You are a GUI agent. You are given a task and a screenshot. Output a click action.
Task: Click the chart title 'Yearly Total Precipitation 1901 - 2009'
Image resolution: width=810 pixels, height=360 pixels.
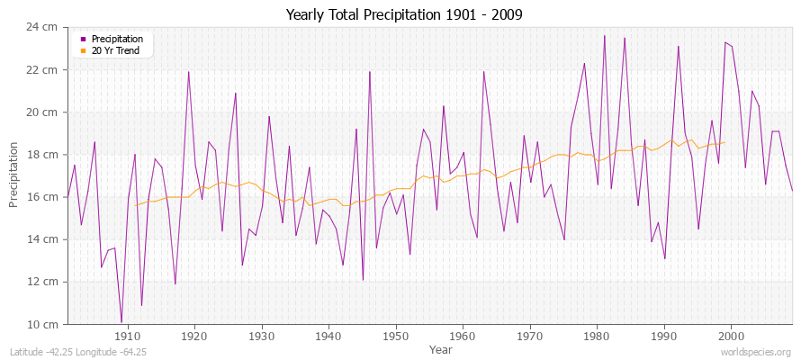(x=404, y=14)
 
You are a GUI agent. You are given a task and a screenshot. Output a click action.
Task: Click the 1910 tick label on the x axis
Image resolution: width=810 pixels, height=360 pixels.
(x=127, y=336)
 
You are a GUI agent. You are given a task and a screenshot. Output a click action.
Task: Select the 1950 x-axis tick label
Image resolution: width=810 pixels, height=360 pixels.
(x=395, y=336)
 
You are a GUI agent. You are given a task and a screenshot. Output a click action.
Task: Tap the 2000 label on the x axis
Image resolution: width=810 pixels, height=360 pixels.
(x=731, y=336)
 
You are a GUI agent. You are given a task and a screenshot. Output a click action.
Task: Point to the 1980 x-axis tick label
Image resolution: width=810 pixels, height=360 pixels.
(x=597, y=336)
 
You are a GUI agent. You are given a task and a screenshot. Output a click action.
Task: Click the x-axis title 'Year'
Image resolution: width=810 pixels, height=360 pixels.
(x=440, y=348)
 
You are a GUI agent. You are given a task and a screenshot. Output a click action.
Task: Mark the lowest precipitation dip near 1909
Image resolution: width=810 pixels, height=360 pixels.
(x=121, y=321)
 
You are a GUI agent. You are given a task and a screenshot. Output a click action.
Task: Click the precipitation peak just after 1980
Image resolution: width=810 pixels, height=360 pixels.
(x=604, y=35)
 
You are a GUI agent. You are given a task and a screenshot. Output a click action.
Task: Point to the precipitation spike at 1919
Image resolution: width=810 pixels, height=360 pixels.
(x=188, y=71)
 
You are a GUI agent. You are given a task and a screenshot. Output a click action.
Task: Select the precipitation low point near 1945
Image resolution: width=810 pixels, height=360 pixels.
(x=363, y=280)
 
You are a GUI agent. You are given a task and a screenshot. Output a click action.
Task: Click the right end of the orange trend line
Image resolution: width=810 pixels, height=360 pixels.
(x=724, y=142)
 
